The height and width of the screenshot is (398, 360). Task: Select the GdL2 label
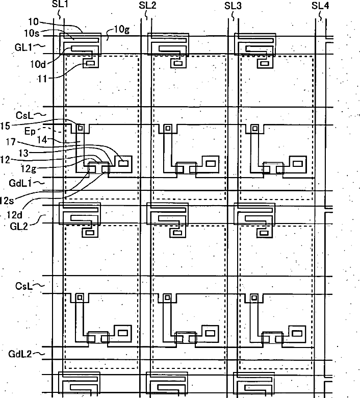tap(19, 353)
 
